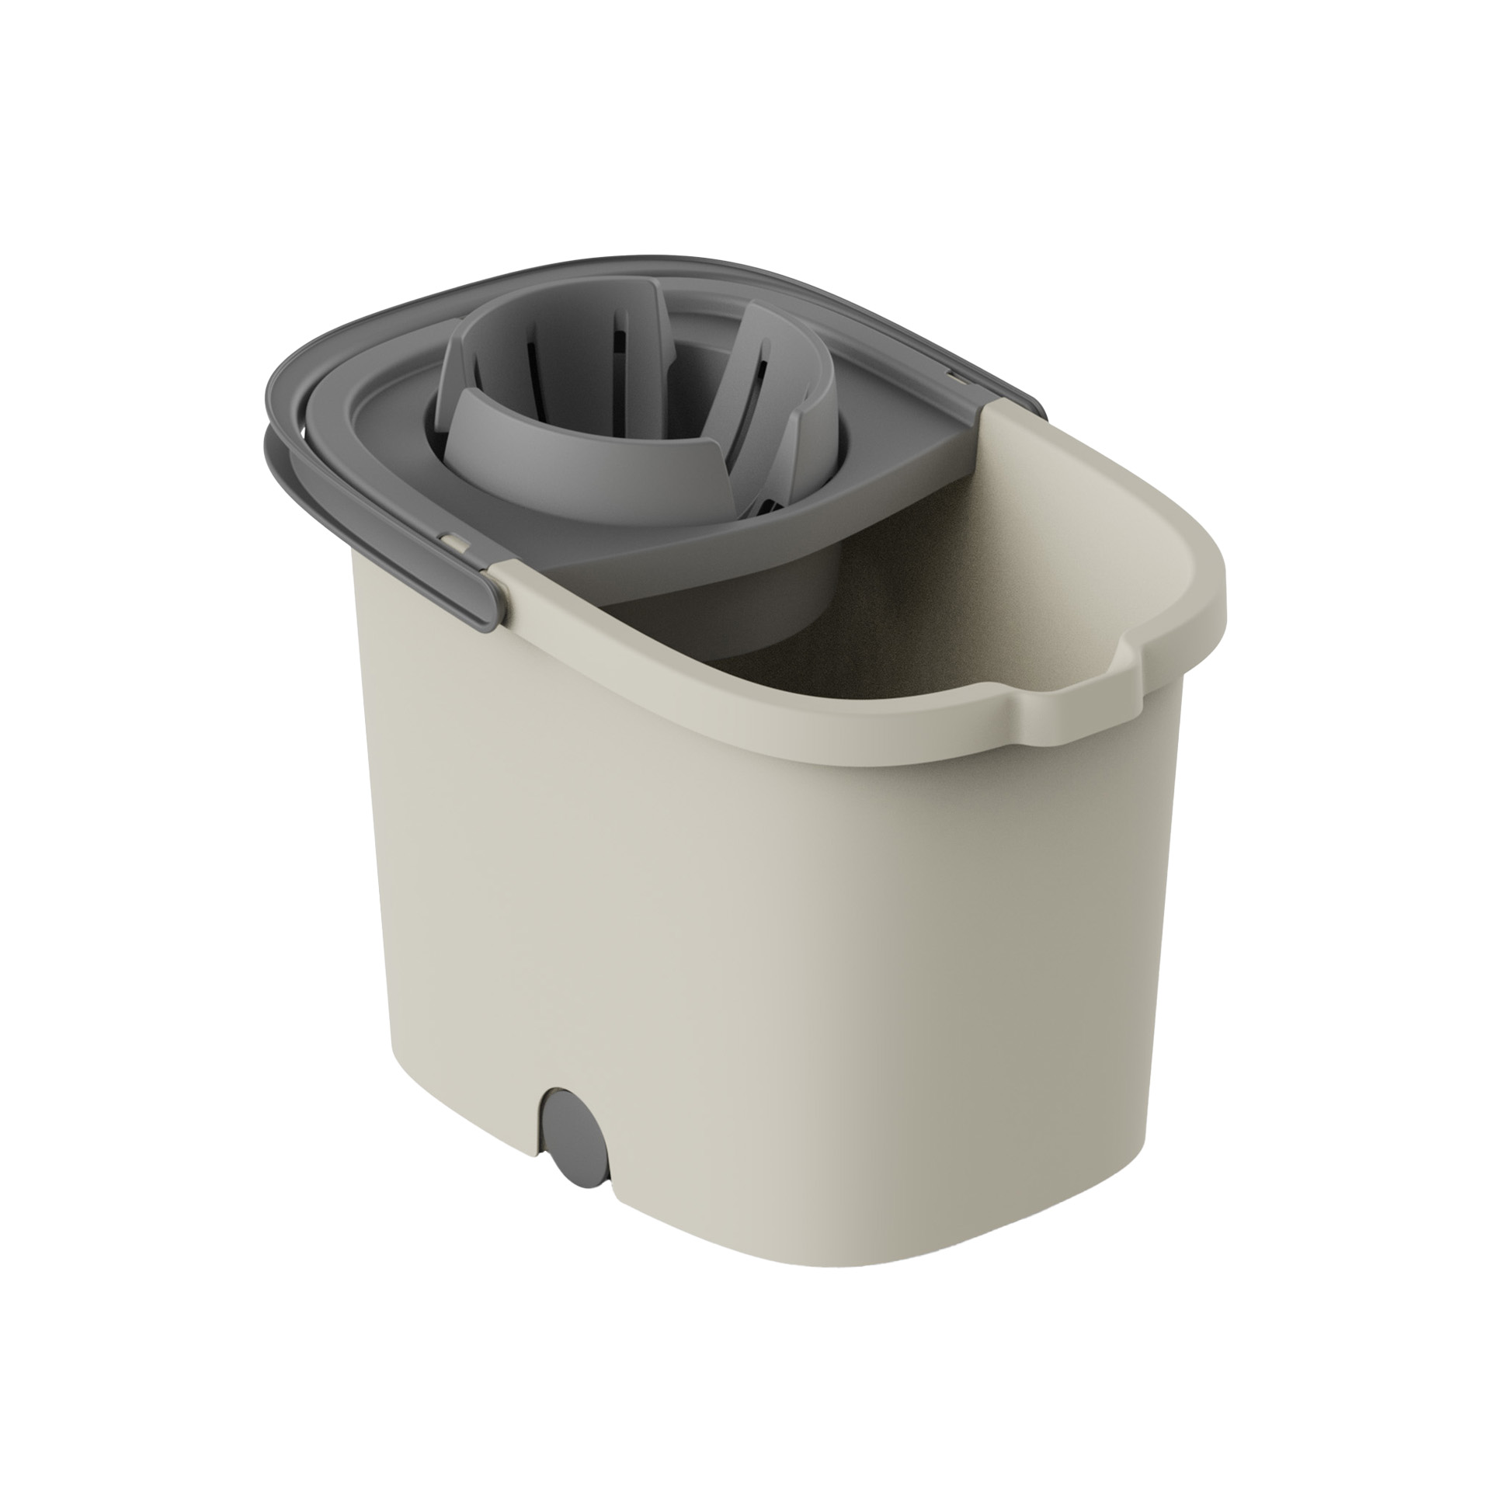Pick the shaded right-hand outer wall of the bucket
click(x=1087, y=932)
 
